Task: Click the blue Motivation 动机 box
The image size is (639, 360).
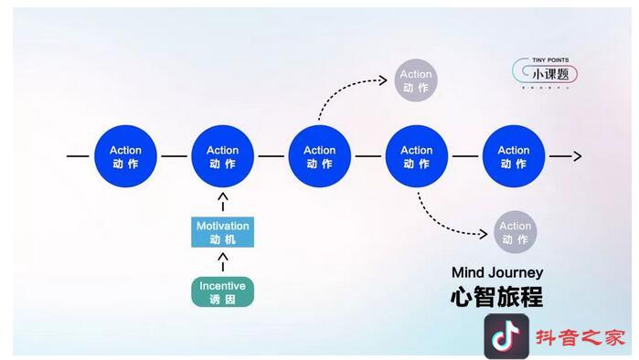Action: tap(222, 232)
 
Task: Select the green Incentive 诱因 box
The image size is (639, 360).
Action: tap(222, 292)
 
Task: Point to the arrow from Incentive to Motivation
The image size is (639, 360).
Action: tap(222, 262)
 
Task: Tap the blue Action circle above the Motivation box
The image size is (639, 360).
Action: tap(222, 157)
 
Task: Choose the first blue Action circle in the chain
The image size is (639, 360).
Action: tap(125, 157)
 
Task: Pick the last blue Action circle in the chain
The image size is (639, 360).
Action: tap(513, 157)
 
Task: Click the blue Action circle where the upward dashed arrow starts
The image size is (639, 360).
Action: tap(319, 157)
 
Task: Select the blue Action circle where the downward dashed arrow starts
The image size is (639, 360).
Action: tap(416, 157)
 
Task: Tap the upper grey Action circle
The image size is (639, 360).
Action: tap(416, 81)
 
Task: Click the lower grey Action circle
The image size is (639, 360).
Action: tap(515, 232)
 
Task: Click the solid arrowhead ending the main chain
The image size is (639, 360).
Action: tap(576, 156)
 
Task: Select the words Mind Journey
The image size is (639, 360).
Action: tap(496, 272)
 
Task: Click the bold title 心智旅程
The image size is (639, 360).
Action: tap(496, 297)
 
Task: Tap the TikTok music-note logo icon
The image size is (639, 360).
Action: tap(506, 336)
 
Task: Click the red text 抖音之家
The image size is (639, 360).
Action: tap(580, 337)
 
